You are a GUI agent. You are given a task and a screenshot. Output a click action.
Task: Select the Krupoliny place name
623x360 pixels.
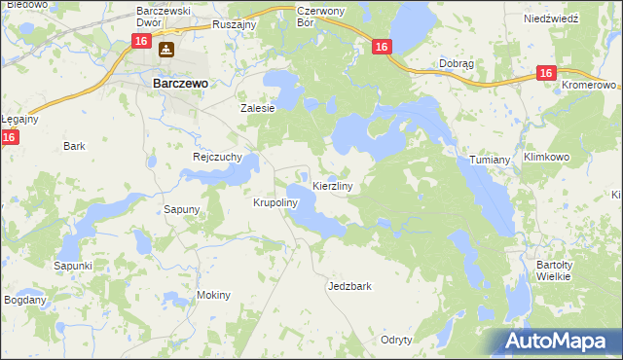tap(275, 203)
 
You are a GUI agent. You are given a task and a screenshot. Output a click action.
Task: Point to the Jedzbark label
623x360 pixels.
tap(350, 287)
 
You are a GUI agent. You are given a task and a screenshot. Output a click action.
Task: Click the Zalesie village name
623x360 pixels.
tap(259, 109)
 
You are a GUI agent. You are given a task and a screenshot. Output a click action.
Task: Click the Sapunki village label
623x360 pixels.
tap(73, 266)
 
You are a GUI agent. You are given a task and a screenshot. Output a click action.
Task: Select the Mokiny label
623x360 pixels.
tap(214, 295)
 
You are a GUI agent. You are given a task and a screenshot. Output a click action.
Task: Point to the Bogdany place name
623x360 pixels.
tap(24, 300)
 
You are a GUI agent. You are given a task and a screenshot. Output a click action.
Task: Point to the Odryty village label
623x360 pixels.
tap(397, 340)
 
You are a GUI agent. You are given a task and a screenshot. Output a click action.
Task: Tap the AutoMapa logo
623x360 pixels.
tap(555, 342)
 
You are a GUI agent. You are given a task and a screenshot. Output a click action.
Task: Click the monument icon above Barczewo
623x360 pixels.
tap(167, 50)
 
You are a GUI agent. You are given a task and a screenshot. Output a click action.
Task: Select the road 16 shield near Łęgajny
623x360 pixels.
tap(9, 138)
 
